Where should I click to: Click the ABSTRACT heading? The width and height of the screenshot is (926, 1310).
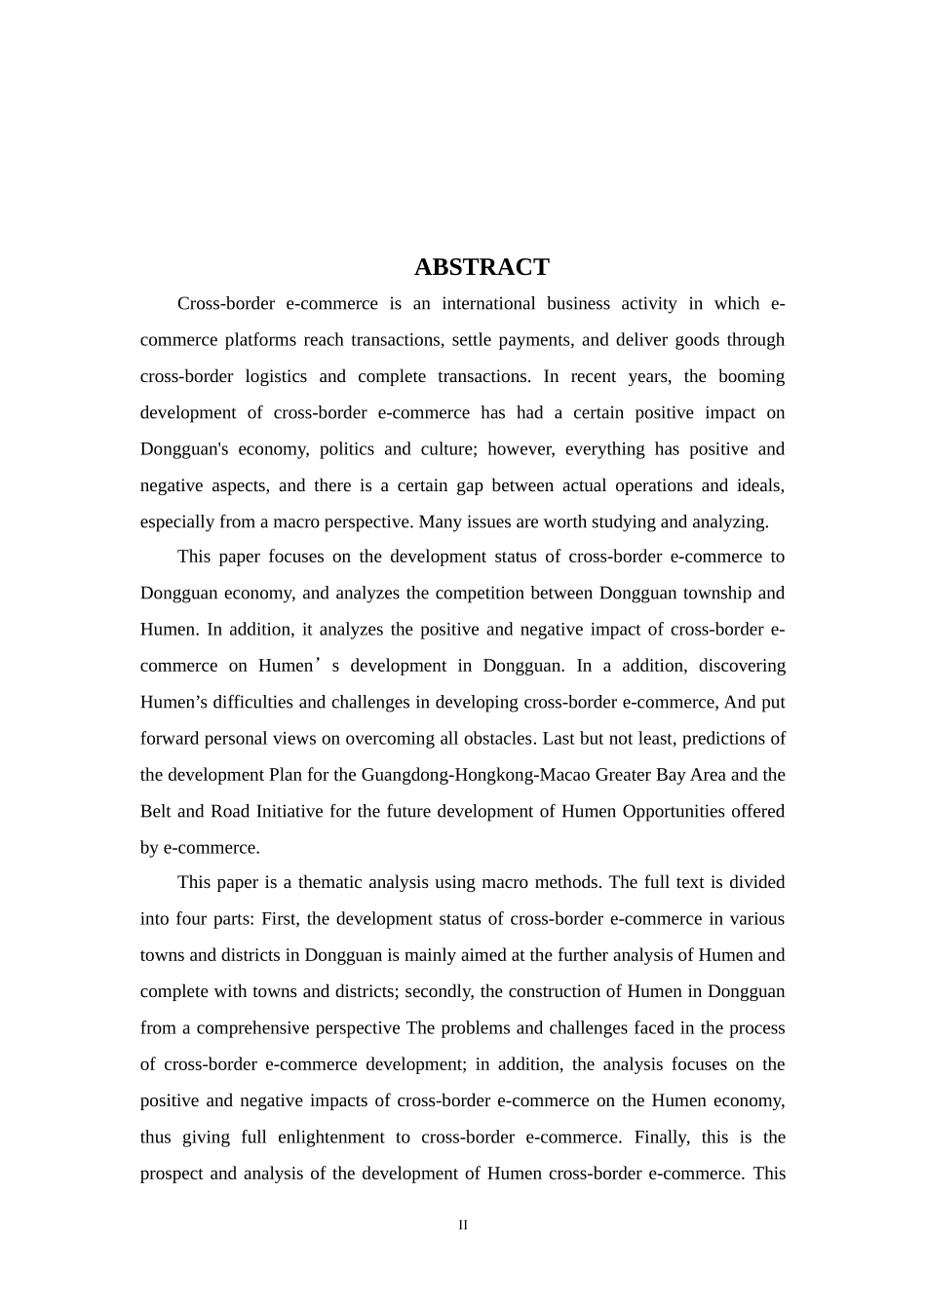(x=482, y=267)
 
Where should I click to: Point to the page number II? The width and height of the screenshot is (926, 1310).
(x=463, y=1225)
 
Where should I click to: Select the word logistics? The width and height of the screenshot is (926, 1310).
(x=275, y=376)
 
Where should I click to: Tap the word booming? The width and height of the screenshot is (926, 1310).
(x=752, y=376)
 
